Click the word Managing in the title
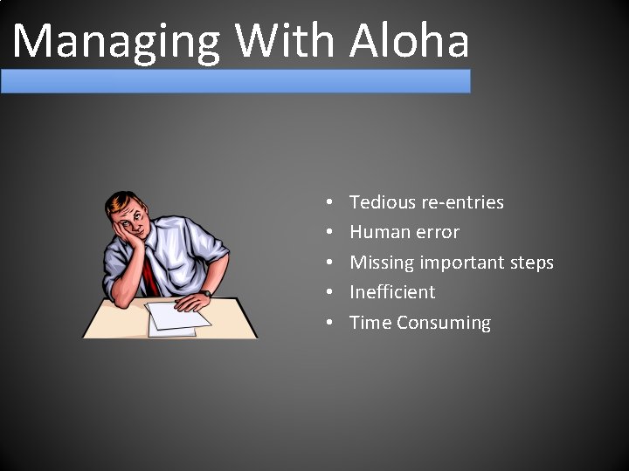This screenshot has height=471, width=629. point(118,41)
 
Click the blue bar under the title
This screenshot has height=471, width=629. point(235,81)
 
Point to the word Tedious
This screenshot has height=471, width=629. point(382,202)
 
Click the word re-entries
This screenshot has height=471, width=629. point(462,202)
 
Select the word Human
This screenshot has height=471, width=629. point(379,232)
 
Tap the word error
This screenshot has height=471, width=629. point(437,233)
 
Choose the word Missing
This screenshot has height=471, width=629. point(382,263)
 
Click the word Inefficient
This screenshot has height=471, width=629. point(392,292)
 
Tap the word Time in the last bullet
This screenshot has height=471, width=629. point(370,322)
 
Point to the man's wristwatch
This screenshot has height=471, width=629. point(205,294)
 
